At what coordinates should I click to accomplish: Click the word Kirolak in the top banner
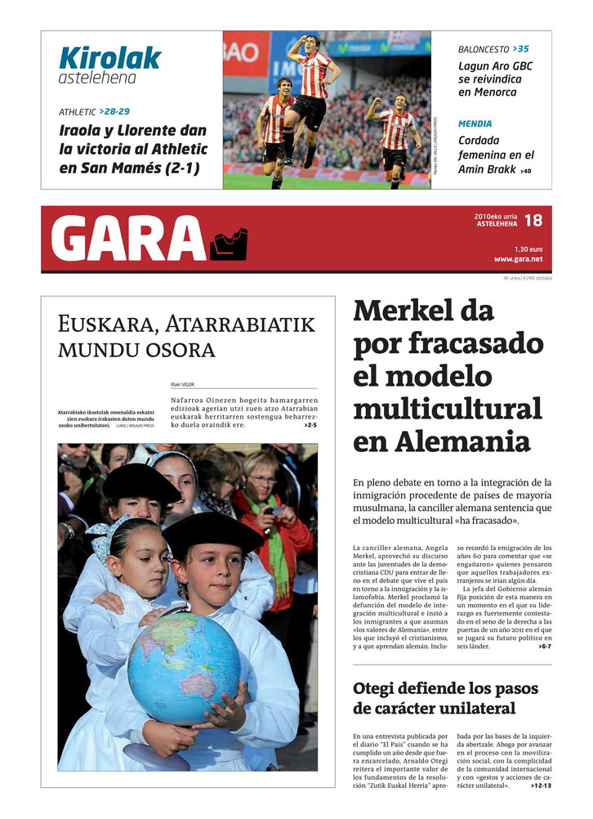(x=109, y=57)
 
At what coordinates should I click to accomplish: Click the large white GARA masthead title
(x=128, y=239)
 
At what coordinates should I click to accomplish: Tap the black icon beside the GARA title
(x=229, y=244)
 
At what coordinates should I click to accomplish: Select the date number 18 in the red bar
(x=533, y=221)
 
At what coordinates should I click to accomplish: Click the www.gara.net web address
(x=518, y=259)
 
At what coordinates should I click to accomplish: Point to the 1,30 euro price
(x=528, y=248)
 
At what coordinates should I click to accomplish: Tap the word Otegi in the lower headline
(x=381, y=688)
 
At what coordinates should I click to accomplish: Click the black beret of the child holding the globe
(x=212, y=530)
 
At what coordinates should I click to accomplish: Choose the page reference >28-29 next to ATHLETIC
(x=114, y=111)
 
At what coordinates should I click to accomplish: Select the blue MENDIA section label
(x=475, y=123)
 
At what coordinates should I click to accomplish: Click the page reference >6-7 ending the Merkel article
(x=545, y=647)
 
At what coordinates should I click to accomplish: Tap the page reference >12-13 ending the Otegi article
(x=541, y=785)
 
